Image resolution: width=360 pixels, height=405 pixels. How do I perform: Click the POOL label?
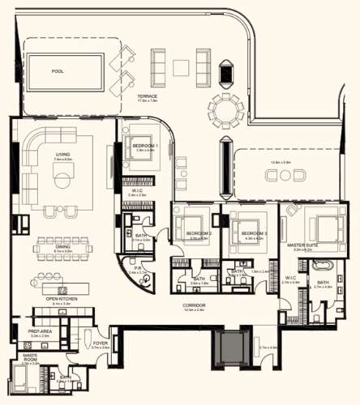58,71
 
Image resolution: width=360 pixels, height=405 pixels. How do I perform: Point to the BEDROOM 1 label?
146,146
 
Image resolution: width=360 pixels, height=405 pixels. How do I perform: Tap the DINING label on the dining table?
62,248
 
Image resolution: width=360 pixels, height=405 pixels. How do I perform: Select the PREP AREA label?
40,331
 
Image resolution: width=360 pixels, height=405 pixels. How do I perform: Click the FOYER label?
100,343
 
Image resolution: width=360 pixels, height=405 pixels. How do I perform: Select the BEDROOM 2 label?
199,235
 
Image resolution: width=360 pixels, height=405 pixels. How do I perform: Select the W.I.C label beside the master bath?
290,279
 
